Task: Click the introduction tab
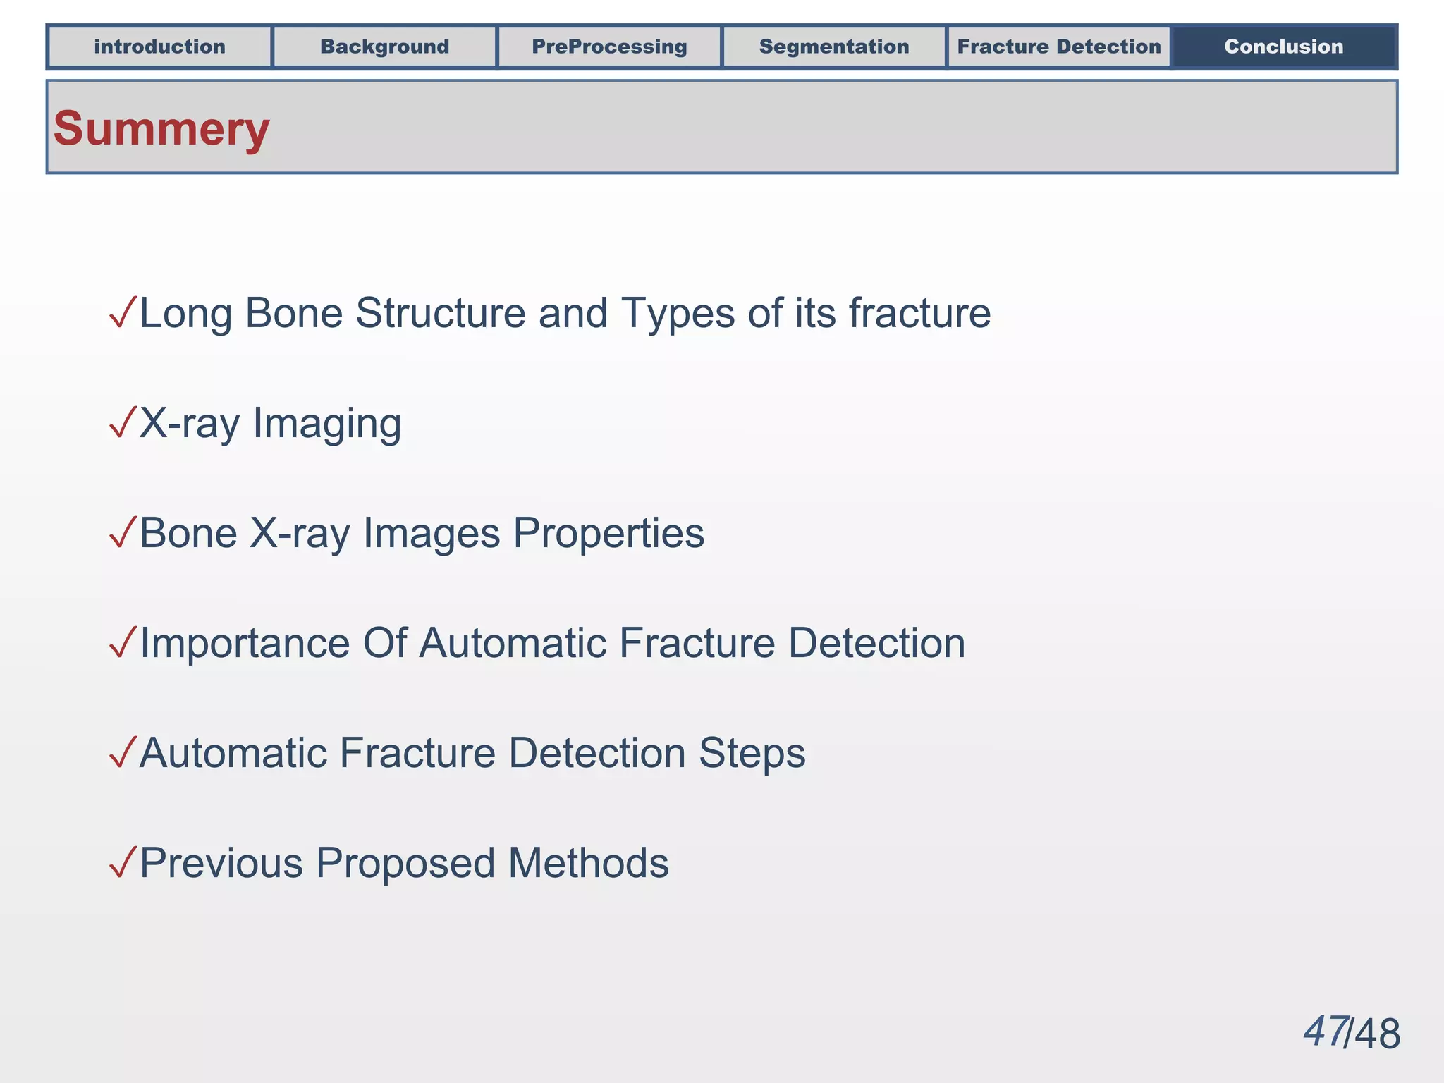tap(159, 47)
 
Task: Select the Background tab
tap(384, 47)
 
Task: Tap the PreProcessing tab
tap(609, 47)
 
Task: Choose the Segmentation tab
tap(834, 47)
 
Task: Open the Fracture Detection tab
tap(1058, 47)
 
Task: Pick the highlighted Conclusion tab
tap(1283, 47)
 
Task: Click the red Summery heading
tap(161, 129)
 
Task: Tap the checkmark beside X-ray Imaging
tap(123, 422)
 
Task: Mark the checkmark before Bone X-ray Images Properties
tap(123, 532)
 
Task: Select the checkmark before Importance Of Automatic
tap(123, 642)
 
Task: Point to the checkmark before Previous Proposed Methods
tap(123, 862)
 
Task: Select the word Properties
tap(608, 534)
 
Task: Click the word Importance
tap(245, 644)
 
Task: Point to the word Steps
tap(752, 754)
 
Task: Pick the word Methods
tap(588, 863)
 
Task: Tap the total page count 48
tap(1378, 1034)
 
